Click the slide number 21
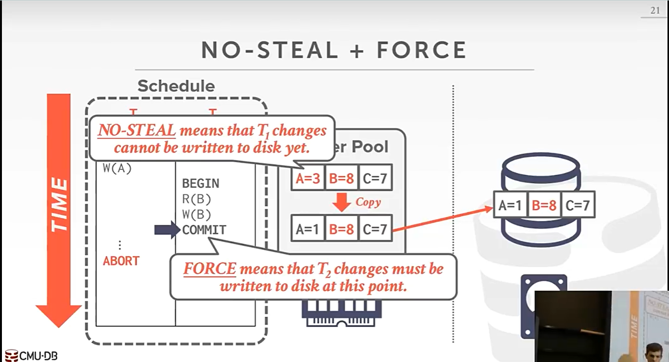click(655, 10)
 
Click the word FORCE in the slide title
click(421, 50)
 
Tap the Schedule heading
click(176, 86)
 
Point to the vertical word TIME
click(59, 205)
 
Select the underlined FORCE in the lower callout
click(209, 269)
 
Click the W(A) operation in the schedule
click(117, 168)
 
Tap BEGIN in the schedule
click(200, 183)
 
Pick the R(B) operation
click(197, 199)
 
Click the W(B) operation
click(197, 215)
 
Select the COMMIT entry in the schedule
click(204, 230)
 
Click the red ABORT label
click(121, 261)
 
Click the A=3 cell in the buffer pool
click(308, 179)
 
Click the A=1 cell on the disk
click(510, 206)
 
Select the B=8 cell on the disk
click(544, 206)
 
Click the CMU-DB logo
click(30, 356)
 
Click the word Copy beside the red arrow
click(368, 202)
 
